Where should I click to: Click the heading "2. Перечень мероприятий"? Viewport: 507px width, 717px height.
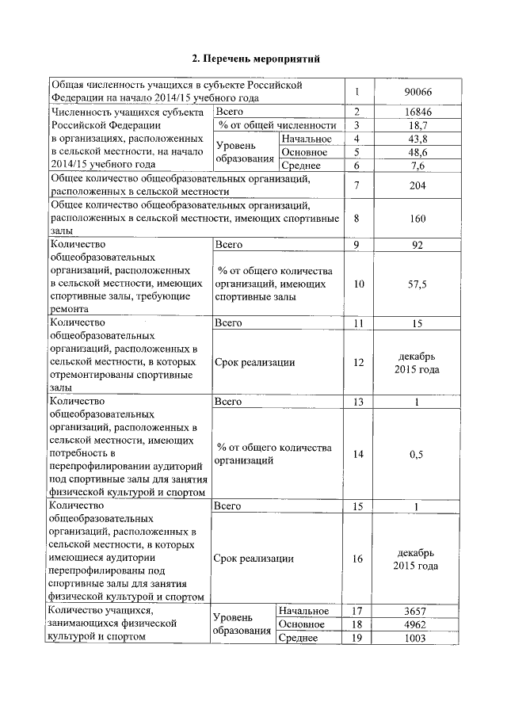pos(257,59)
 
